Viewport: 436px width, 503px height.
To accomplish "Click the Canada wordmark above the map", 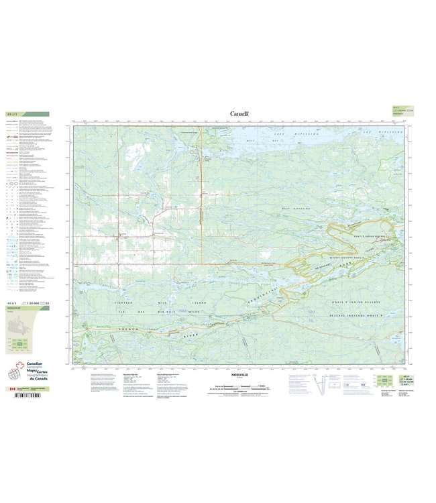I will (x=239, y=114).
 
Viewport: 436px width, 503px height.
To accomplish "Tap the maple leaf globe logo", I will (x=16, y=373).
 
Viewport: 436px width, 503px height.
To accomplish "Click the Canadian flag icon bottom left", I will (x=10, y=389).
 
